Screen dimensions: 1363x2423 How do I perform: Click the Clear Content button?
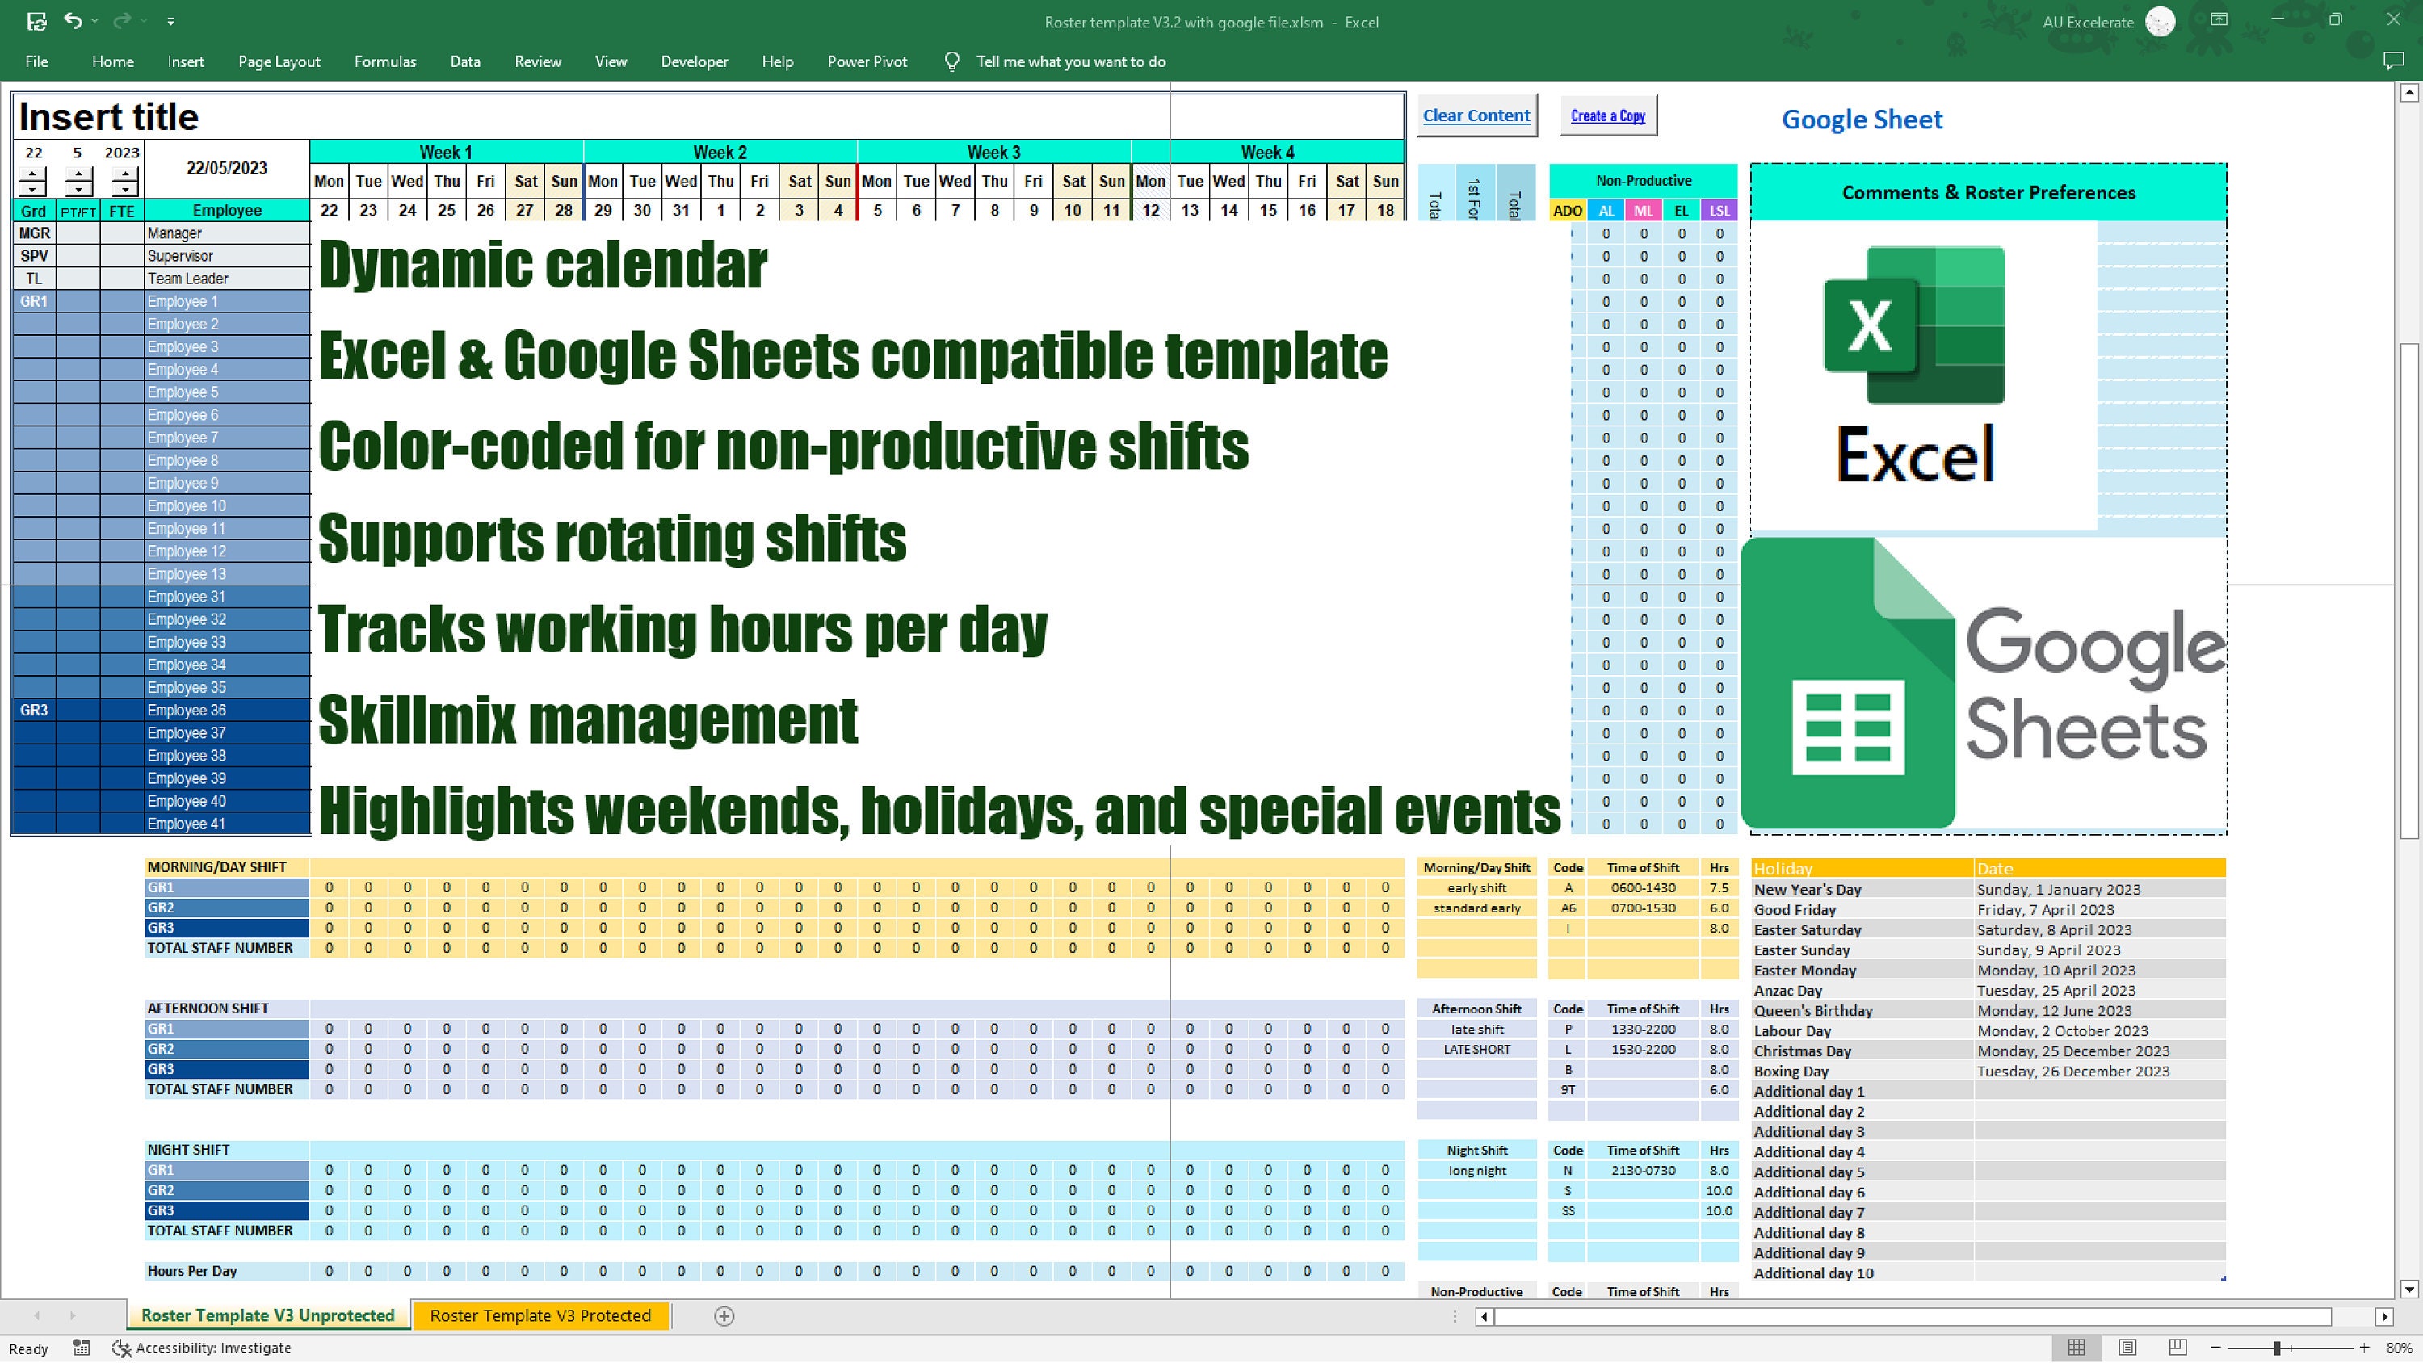coord(1476,115)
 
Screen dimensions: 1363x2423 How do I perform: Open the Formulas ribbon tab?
coord(384,61)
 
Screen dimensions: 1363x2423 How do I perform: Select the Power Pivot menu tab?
coord(867,61)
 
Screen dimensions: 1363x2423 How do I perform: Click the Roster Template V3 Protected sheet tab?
coord(540,1315)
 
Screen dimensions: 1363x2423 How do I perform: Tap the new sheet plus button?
coord(724,1316)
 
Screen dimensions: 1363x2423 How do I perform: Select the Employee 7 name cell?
coord(227,438)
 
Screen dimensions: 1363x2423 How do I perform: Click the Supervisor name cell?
coord(227,256)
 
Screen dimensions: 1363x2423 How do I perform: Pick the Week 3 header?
coord(993,153)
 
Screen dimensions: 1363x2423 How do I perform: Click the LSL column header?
coord(1720,211)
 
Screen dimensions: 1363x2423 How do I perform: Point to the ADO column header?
coord(1567,211)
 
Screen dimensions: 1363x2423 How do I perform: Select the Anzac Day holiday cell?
coord(1862,991)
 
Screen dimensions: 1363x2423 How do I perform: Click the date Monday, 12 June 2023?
coord(2054,1010)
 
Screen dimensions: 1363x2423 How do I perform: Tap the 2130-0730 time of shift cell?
coord(1642,1170)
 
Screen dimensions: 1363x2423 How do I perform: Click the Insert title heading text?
coord(109,116)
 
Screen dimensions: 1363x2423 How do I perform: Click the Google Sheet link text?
coord(1862,120)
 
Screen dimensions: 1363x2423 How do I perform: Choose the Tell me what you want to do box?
coord(1070,61)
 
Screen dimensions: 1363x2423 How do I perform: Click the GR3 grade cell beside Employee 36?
coord(34,711)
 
